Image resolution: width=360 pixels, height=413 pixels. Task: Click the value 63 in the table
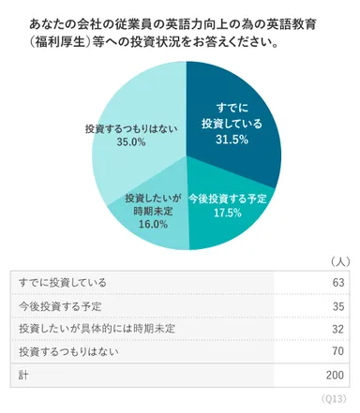click(338, 283)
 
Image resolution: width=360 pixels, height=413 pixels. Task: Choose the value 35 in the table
click(338, 305)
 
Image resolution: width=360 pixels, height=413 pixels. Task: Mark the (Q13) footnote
click(335, 400)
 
